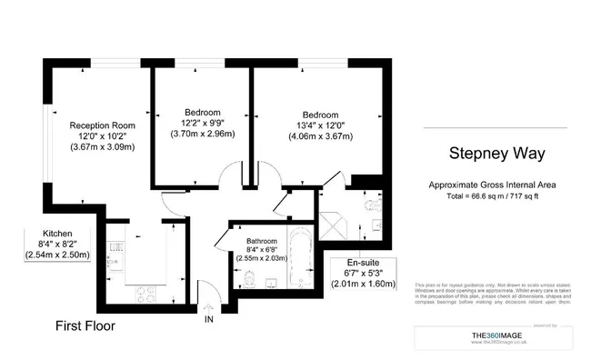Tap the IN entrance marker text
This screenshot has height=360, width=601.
point(208,319)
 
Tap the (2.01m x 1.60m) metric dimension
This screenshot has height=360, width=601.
point(364,284)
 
